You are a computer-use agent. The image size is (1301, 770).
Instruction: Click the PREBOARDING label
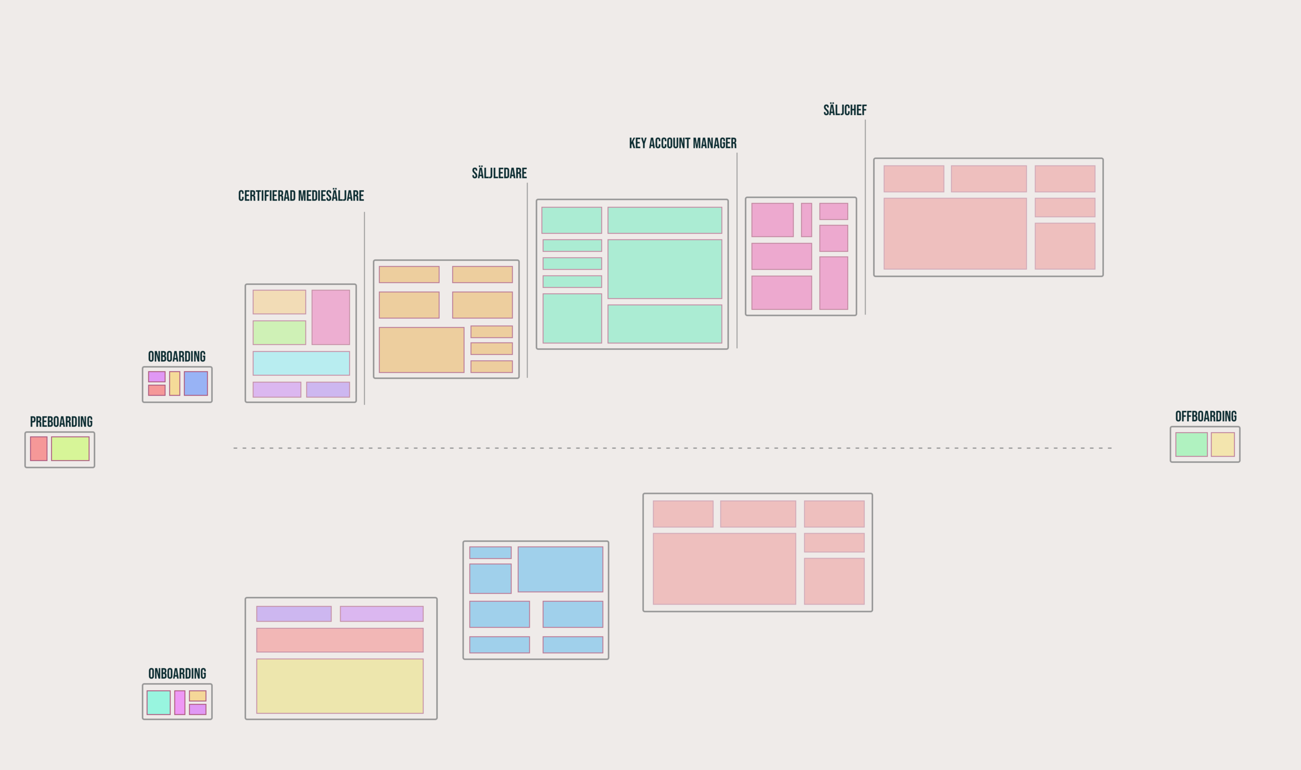tap(61, 422)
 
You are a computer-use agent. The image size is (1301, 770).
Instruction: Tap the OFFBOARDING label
tap(1206, 416)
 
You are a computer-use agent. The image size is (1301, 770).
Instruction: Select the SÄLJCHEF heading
tap(845, 110)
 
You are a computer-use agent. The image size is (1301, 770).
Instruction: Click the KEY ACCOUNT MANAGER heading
tap(682, 143)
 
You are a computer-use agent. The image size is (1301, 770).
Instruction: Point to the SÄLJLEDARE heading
tap(499, 173)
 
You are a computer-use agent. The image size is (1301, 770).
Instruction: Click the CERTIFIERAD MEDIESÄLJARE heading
tap(301, 196)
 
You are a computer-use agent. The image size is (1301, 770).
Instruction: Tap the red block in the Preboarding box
tap(39, 448)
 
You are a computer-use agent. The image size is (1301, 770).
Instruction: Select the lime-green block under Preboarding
tap(70, 448)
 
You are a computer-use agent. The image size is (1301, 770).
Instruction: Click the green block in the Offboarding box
tap(1191, 445)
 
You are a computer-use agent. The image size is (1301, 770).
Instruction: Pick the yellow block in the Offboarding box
tap(1222, 445)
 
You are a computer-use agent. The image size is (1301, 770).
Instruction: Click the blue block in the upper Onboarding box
tap(196, 383)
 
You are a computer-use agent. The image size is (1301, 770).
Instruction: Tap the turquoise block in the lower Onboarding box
tap(158, 702)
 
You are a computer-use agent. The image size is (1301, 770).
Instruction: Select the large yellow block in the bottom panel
tap(340, 686)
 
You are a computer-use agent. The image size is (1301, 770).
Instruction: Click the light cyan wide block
tap(301, 363)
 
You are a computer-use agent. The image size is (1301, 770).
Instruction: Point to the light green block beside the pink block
tap(279, 333)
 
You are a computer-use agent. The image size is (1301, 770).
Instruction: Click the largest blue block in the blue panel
tap(560, 569)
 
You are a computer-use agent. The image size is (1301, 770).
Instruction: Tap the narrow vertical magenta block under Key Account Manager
tap(806, 220)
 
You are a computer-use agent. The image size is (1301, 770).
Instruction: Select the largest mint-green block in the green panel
tap(665, 269)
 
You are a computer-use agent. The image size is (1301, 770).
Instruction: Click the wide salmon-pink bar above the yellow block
tap(340, 640)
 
